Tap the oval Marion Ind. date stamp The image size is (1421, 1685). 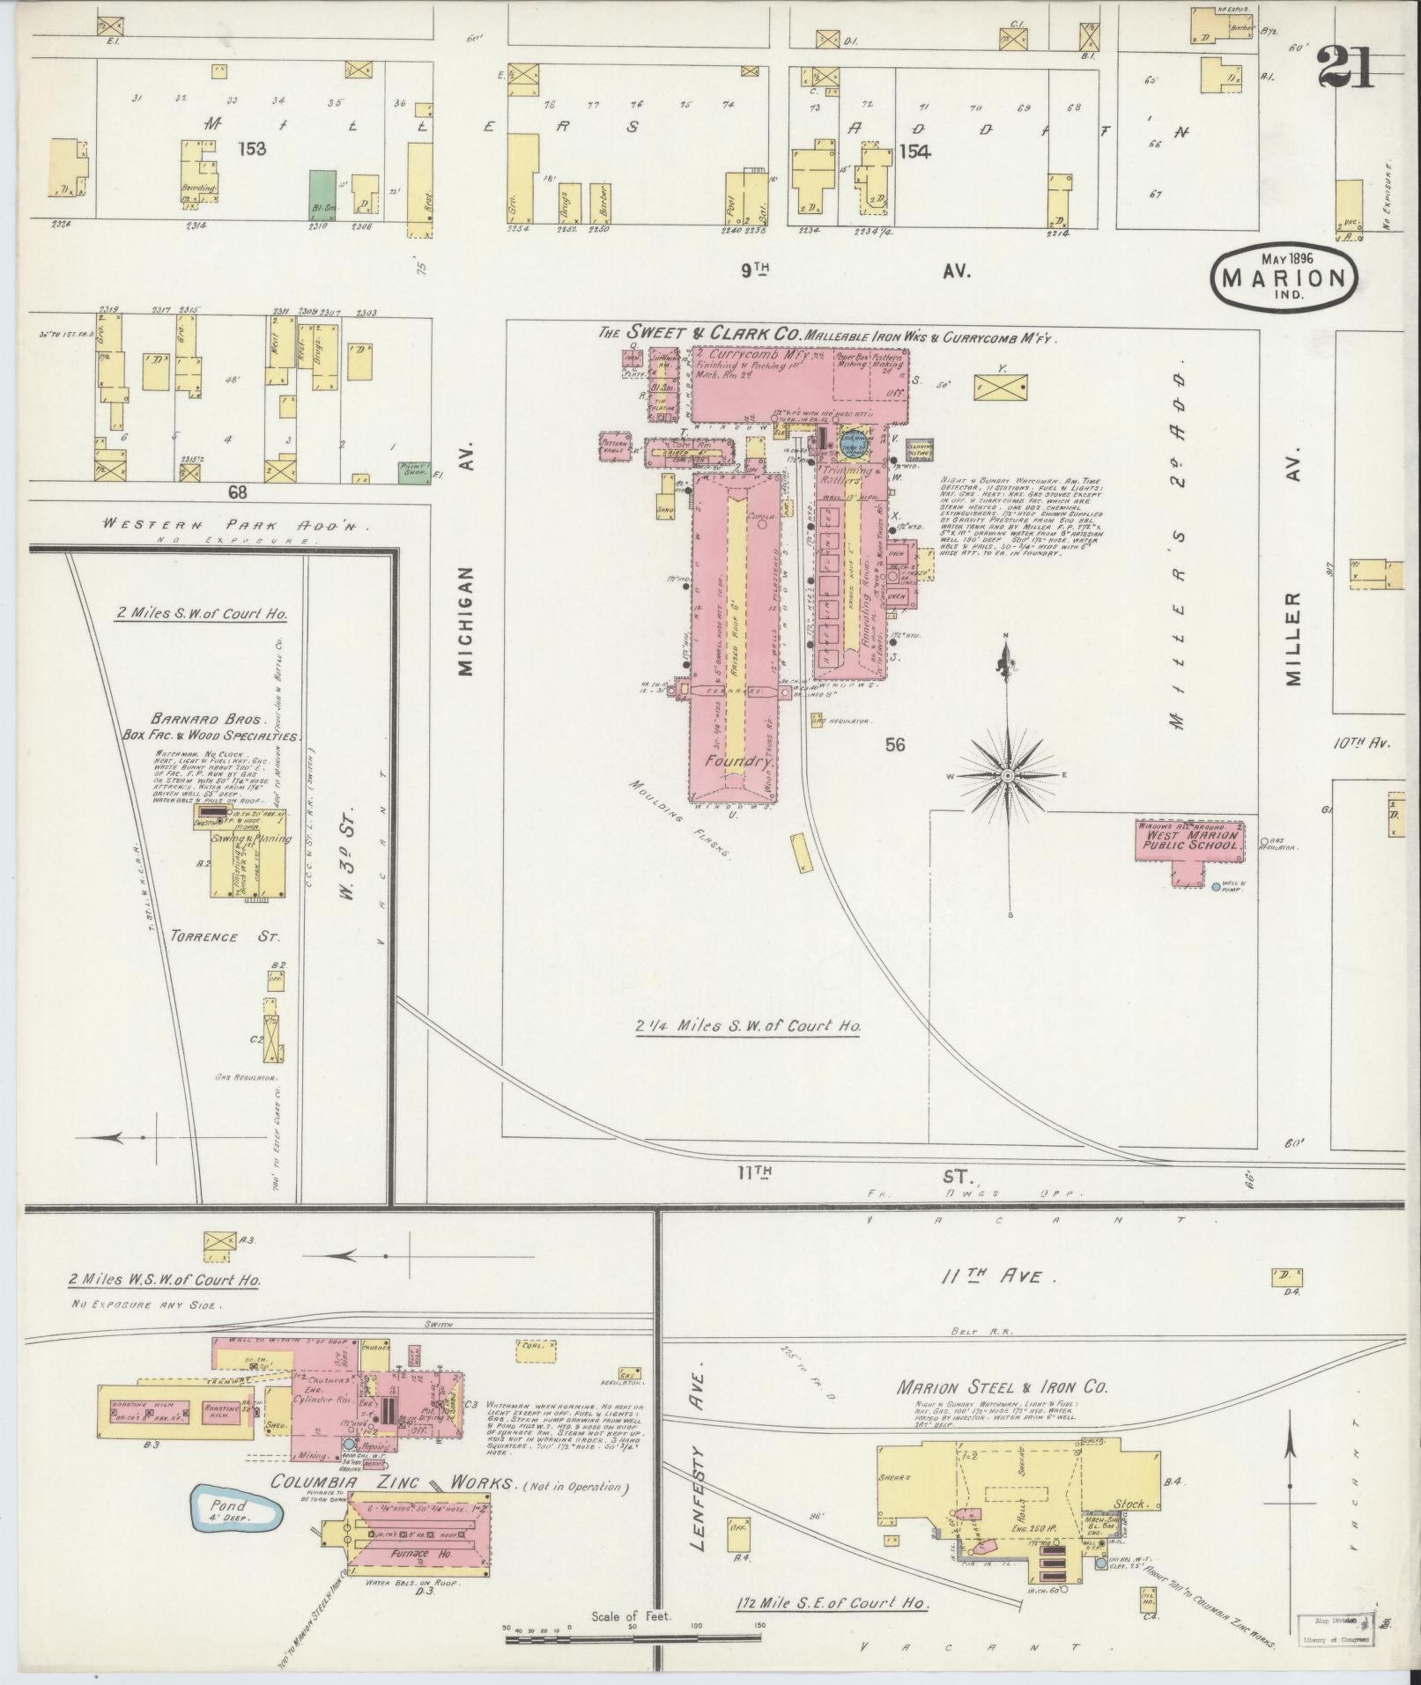pyautogui.click(x=1284, y=277)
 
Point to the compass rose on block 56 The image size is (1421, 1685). pyautogui.click(x=1006, y=774)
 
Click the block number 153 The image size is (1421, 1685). pyautogui.click(x=251, y=149)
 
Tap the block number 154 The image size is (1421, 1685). pyautogui.click(x=915, y=151)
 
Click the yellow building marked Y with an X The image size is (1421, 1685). pyautogui.click(x=1002, y=385)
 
